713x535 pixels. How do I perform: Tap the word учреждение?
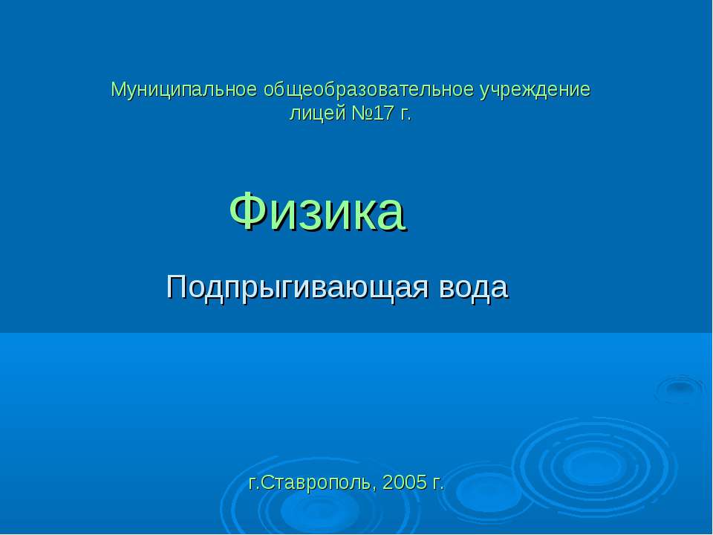(x=534, y=91)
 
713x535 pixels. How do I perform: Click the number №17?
(x=372, y=114)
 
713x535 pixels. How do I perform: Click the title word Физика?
(x=317, y=210)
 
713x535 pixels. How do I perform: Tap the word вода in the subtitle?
(x=475, y=287)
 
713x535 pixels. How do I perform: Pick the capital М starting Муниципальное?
(x=117, y=91)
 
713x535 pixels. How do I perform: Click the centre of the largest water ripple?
(x=594, y=464)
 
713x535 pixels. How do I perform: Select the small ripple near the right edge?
(x=677, y=388)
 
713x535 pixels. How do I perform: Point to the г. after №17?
(x=405, y=115)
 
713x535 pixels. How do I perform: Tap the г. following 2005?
(x=437, y=484)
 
